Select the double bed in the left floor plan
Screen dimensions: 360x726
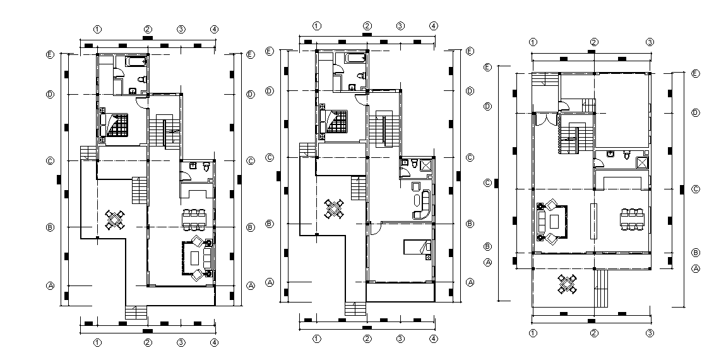(116, 124)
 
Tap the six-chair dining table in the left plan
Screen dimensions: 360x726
(194, 219)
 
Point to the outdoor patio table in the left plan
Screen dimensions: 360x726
(115, 219)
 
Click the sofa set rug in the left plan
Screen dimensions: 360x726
(198, 258)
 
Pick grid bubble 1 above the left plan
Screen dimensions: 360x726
(97, 29)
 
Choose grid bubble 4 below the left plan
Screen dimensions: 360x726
(214, 342)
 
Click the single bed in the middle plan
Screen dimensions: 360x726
(417, 248)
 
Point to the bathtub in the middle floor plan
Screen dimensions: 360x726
(355, 59)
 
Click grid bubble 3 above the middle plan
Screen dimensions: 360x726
(400, 26)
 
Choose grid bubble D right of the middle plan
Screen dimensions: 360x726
(469, 91)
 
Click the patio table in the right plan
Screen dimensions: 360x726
(568, 285)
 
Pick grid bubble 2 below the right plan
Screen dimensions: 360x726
(594, 333)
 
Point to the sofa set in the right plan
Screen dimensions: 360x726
(552, 221)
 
